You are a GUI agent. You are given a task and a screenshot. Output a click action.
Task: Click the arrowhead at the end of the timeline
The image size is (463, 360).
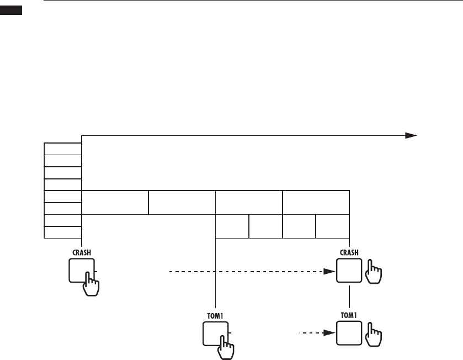tap(410, 135)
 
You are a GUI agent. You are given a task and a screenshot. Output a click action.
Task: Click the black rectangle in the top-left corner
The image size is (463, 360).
tap(11, 10)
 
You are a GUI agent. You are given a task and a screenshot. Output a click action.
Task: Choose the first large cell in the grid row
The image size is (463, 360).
tap(115, 202)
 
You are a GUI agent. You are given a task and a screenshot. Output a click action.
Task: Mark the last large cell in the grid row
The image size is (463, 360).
tap(316, 202)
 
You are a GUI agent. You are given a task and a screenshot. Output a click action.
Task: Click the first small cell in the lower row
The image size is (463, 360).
tap(232, 226)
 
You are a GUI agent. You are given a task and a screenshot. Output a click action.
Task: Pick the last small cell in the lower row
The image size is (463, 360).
tap(332, 226)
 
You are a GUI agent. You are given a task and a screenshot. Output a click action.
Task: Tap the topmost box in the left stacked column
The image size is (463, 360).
tap(63, 149)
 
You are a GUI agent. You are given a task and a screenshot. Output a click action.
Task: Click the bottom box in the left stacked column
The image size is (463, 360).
tap(63, 232)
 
